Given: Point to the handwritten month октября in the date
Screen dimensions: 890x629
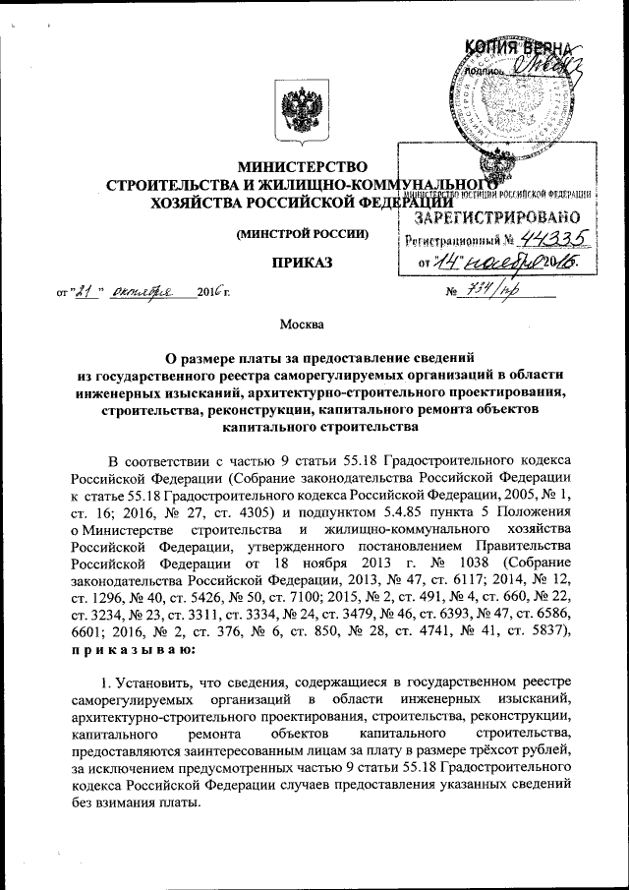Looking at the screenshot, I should [x=141, y=291].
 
